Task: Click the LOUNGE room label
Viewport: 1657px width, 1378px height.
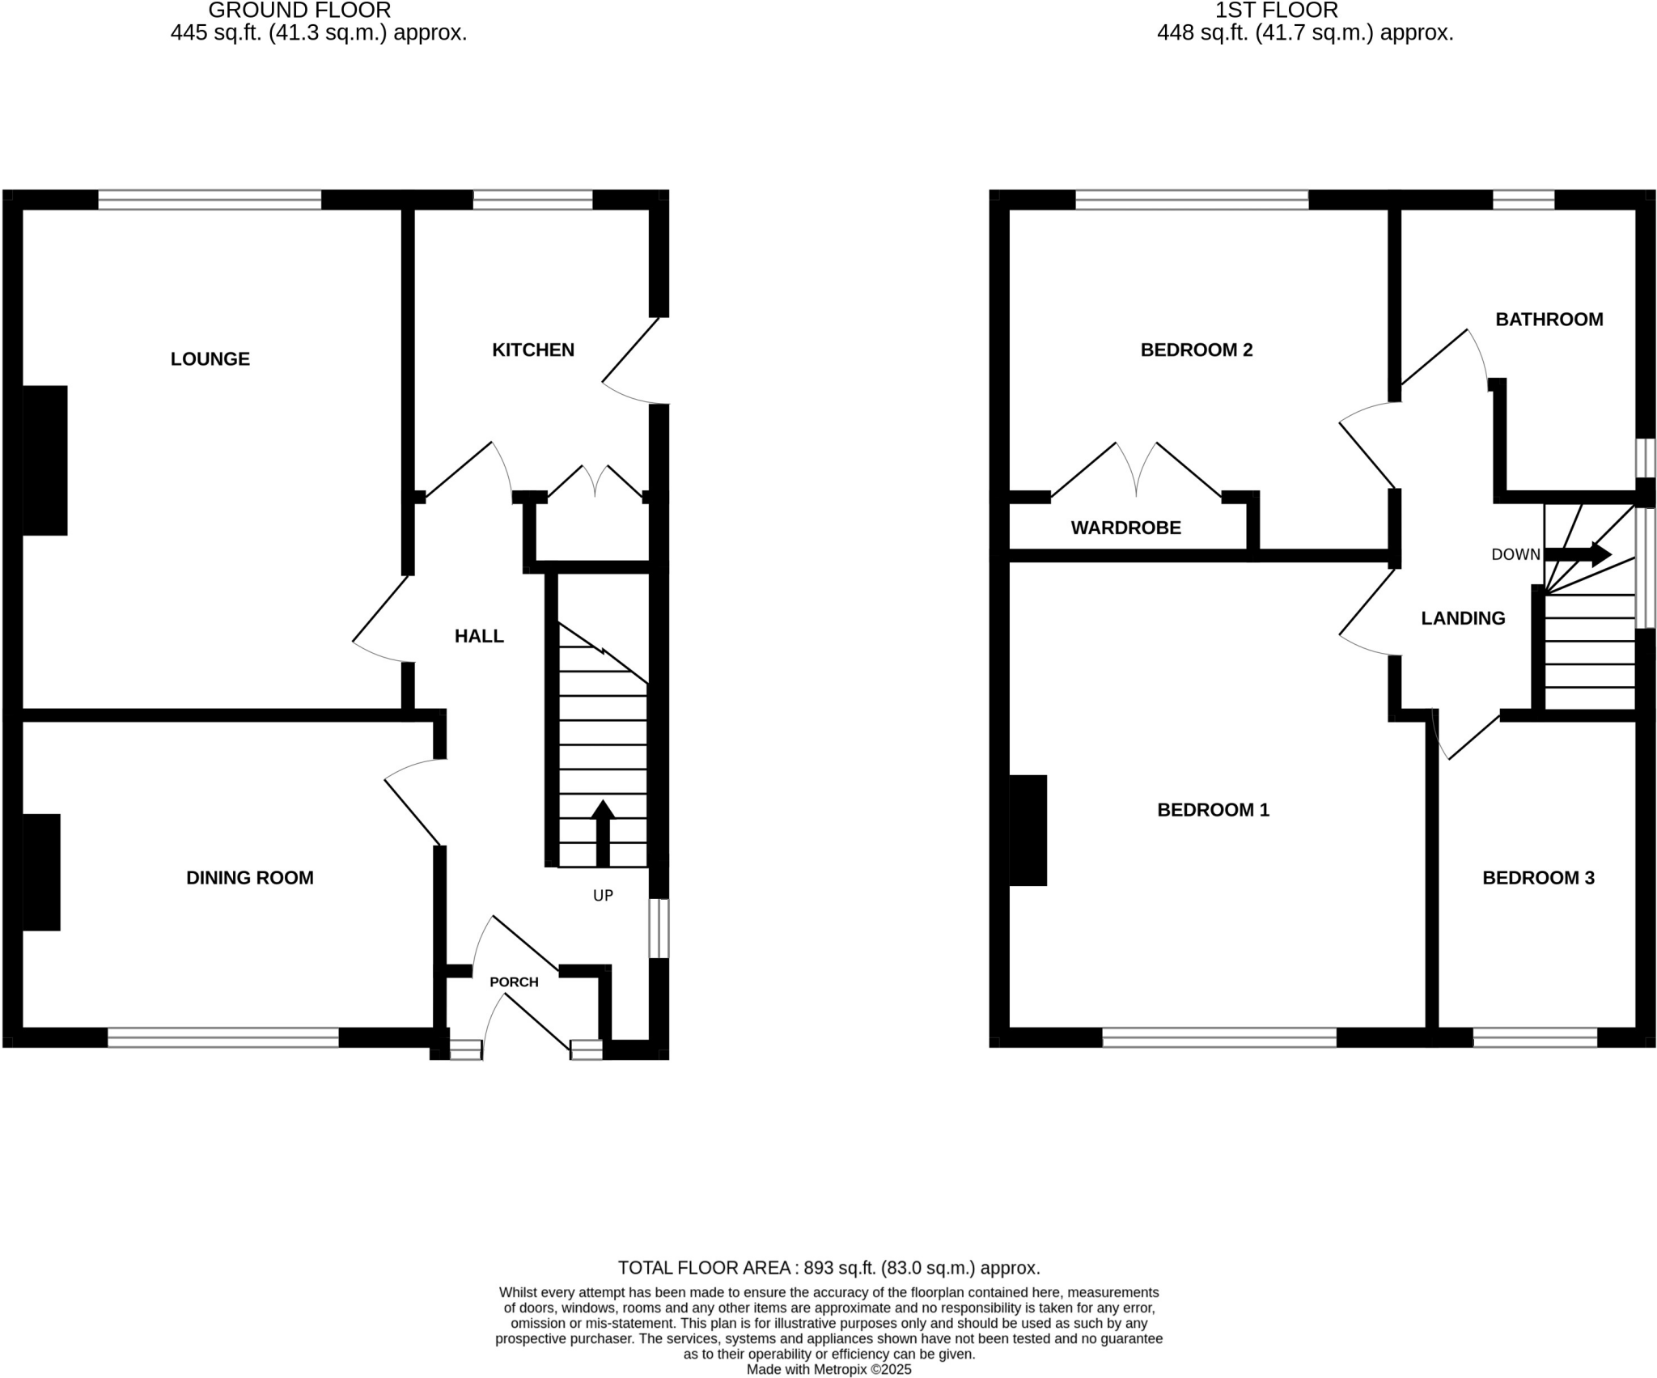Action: (210, 358)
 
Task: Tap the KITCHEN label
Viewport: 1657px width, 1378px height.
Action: (533, 350)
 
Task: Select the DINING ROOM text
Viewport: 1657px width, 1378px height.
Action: (249, 877)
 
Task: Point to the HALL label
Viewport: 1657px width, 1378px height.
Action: (479, 636)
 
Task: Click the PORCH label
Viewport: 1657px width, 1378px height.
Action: (514, 982)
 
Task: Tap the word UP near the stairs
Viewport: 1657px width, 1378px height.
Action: (604, 895)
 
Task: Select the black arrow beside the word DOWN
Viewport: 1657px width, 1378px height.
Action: (1578, 554)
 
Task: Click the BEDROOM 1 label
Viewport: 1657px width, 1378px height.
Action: (1213, 809)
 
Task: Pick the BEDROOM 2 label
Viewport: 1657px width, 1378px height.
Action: (1196, 350)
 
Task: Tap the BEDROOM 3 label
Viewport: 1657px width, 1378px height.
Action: (1538, 877)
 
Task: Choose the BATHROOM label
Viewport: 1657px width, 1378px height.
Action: (1549, 319)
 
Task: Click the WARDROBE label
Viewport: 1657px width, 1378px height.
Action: (1125, 528)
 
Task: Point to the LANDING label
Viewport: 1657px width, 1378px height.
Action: (1463, 618)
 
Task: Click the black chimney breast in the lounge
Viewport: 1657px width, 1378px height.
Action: (44, 460)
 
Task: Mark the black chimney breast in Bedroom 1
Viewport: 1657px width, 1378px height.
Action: (1028, 830)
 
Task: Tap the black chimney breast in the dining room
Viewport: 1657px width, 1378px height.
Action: (41, 871)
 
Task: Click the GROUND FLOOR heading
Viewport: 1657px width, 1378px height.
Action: (299, 11)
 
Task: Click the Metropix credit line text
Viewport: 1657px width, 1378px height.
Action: (828, 1369)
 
